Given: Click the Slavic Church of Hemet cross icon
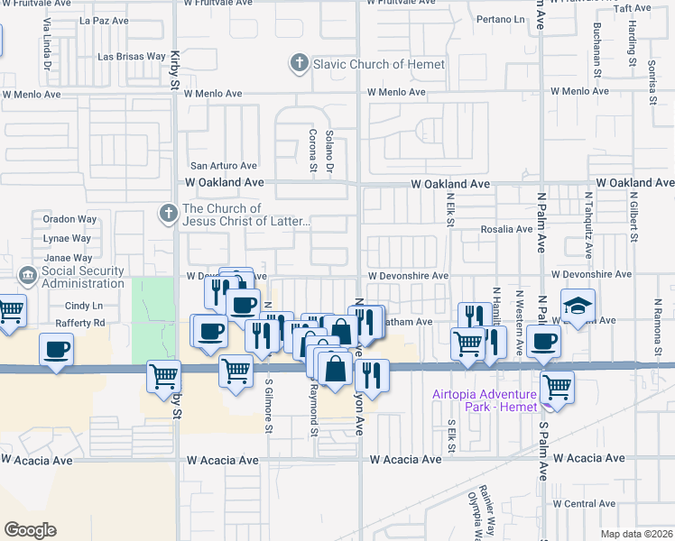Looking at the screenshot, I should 299,64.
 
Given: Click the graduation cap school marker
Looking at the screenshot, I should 578,305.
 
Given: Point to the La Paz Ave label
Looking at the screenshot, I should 106,20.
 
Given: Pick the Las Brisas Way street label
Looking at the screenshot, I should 131,59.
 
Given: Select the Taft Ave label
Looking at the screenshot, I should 632,9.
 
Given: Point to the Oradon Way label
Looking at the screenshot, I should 69,219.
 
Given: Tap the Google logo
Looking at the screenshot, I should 30,530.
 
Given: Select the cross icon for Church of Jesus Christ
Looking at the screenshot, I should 167,214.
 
